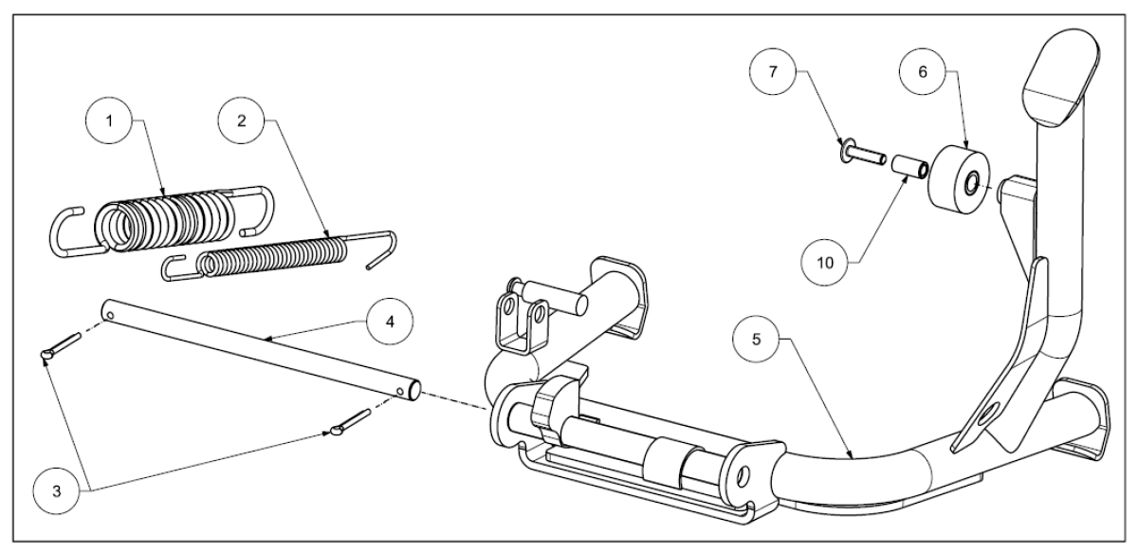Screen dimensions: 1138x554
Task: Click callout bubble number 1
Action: point(109,121)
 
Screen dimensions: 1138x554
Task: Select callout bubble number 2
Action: point(241,120)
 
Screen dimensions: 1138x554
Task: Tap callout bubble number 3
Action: point(56,491)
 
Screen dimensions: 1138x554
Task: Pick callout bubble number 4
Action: point(390,322)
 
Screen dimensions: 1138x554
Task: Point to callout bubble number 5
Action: point(756,340)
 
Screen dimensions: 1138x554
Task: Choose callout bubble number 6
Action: point(923,72)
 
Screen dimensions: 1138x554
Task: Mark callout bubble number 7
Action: point(773,72)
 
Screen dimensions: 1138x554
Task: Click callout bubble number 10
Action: point(824,262)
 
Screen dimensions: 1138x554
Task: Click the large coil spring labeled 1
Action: point(162,219)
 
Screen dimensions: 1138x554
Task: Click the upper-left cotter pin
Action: point(61,346)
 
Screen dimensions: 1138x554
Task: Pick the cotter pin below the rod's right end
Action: point(351,422)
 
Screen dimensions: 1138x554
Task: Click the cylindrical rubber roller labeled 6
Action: point(959,180)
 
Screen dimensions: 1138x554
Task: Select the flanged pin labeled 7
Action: point(863,155)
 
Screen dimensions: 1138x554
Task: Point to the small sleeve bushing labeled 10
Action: point(909,167)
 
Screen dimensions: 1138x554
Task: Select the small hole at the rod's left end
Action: point(110,316)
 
